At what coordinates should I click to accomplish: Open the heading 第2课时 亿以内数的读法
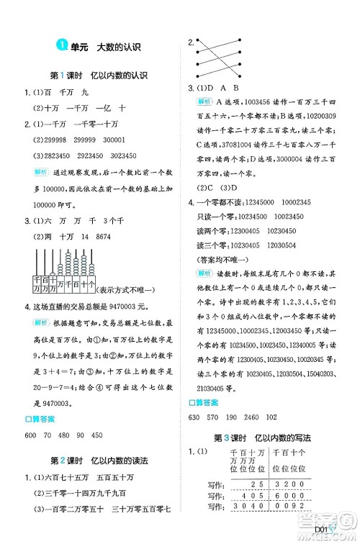coord(98,460)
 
